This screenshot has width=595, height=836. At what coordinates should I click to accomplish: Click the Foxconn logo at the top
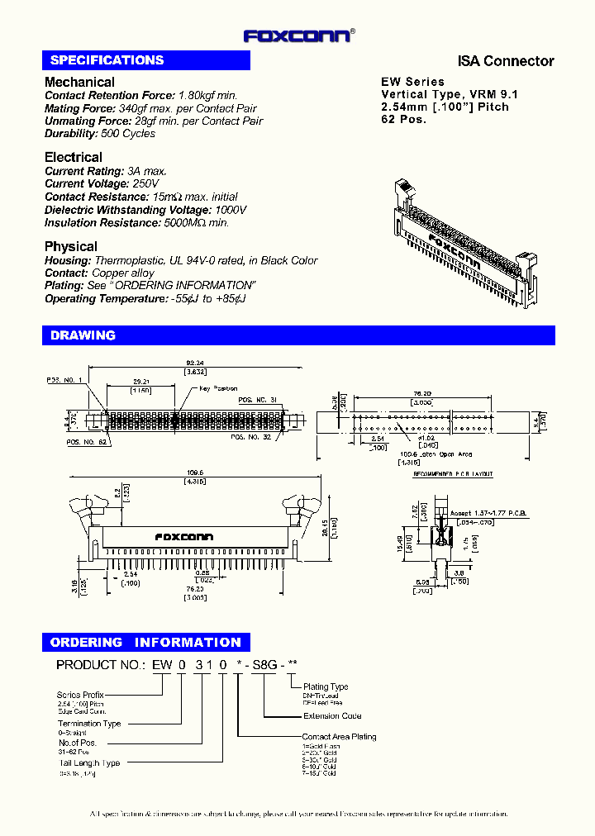click(298, 36)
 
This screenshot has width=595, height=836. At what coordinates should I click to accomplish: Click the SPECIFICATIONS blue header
click(107, 60)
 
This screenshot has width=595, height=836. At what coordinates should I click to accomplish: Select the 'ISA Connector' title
click(506, 61)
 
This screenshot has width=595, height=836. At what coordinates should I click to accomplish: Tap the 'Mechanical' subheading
click(79, 82)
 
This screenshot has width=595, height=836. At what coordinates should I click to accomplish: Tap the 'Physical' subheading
click(70, 246)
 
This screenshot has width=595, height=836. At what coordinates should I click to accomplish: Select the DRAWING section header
click(83, 335)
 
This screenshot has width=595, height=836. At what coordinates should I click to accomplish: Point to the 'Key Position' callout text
click(218, 388)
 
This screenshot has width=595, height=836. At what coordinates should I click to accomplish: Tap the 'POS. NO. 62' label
click(86, 442)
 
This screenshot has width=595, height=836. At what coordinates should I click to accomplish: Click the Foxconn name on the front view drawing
click(183, 537)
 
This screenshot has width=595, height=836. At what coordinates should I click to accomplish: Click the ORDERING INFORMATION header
click(145, 642)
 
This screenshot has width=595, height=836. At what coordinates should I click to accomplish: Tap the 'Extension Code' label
click(331, 716)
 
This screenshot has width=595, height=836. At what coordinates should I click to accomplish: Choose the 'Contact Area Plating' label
click(339, 736)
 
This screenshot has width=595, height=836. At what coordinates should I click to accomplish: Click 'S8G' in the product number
click(264, 665)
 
